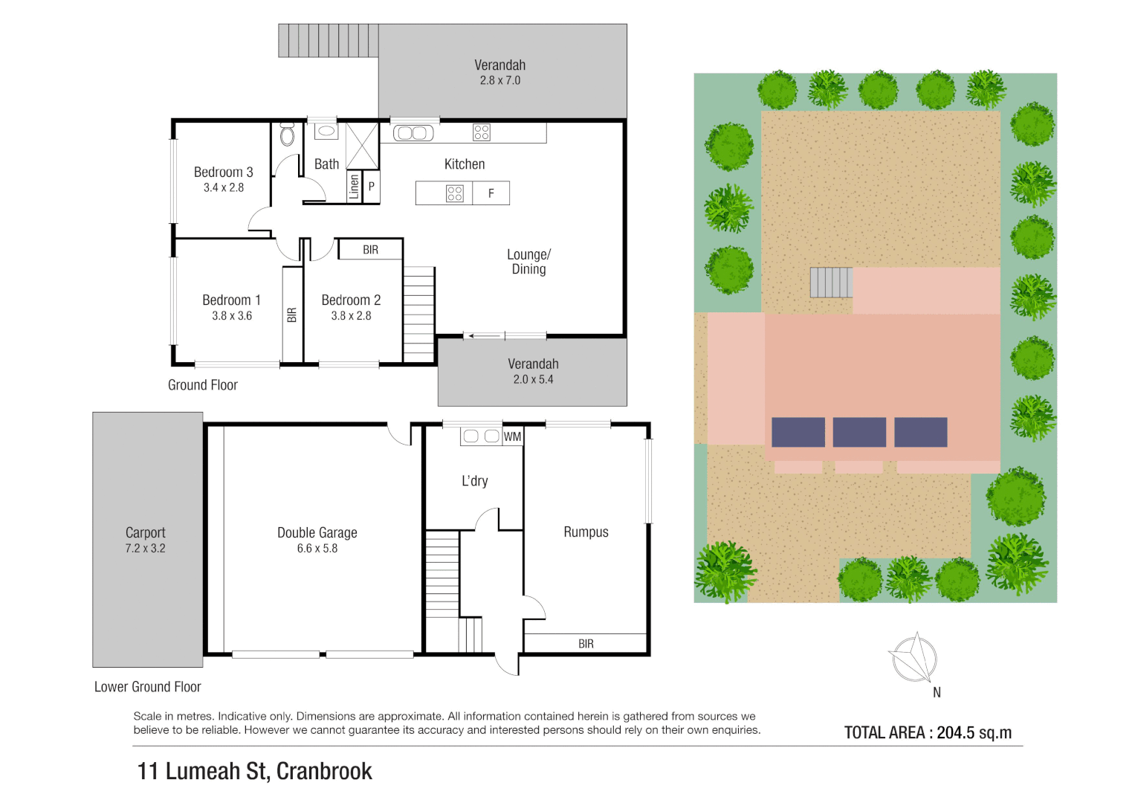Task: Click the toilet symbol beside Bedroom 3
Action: (287, 135)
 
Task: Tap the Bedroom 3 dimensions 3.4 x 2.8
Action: (224, 187)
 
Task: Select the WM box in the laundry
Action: (512, 436)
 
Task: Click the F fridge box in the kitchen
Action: (491, 193)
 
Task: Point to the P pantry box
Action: (371, 187)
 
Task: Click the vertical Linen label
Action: (355, 186)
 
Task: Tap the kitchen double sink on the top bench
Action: (413, 133)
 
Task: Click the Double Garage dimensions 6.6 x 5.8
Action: (317, 549)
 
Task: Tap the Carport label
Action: (146, 532)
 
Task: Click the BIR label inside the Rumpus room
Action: (586, 644)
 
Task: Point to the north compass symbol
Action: (915, 659)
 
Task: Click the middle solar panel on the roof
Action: (859, 432)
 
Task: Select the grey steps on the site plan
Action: (831, 283)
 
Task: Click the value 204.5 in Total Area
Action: (955, 732)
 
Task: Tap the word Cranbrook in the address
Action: (324, 771)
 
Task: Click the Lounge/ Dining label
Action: (528, 262)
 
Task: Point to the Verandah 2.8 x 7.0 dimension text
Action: (500, 80)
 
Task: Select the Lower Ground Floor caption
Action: (147, 687)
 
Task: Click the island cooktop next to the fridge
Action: (454, 193)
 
